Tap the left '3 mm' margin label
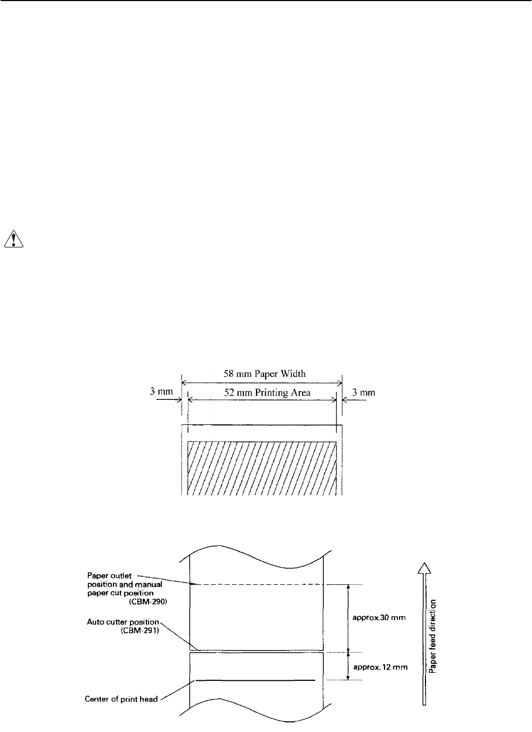click(161, 392)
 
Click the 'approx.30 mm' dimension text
click(380, 618)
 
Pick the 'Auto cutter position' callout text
click(123, 622)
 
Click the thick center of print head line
click(256, 680)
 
